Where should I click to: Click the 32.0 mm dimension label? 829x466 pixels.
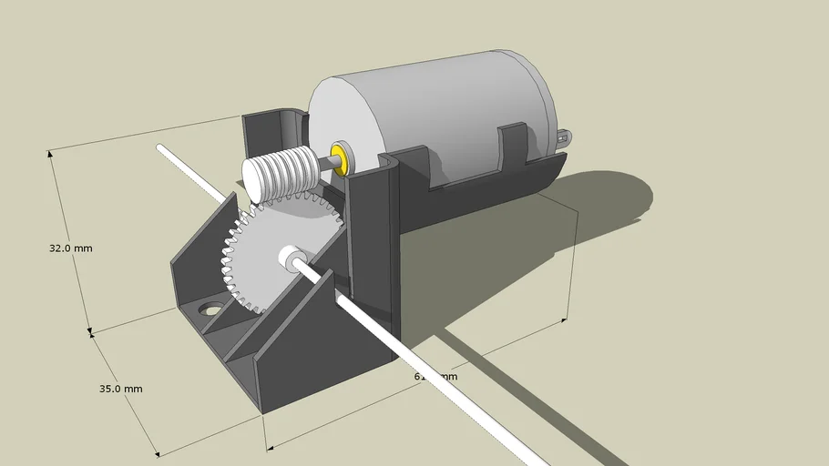[70, 248]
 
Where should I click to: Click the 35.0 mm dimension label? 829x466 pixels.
[120, 389]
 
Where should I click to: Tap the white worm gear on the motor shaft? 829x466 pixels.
[277, 174]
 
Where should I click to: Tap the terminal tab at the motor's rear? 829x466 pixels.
[568, 137]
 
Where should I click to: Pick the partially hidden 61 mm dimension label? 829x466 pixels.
[435, 376]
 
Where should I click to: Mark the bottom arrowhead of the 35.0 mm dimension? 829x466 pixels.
[156, 452]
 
